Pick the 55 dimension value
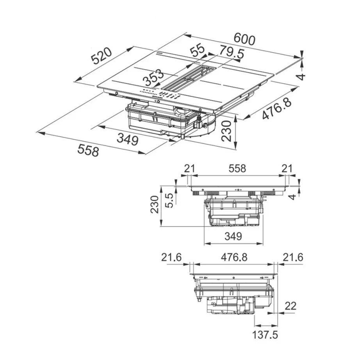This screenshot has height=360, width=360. (x=198, y=50)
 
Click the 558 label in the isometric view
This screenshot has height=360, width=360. (x=88, y=150)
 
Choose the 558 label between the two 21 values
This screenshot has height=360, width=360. (x=237, y=168)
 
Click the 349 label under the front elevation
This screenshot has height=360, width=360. (x=233, y=236)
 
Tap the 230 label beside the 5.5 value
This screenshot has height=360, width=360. (x=155, y=205)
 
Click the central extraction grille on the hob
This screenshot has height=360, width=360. (x=189, y=78)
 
